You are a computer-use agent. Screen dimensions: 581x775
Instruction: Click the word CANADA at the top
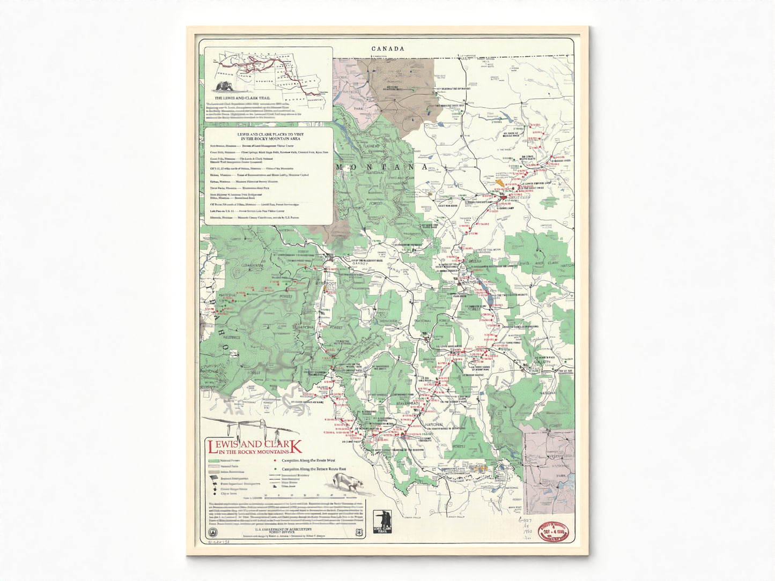pos(388,49)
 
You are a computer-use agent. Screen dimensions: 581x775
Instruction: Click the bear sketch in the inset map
pos(224,87)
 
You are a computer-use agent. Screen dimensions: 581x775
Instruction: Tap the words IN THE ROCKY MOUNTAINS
pos(247,452)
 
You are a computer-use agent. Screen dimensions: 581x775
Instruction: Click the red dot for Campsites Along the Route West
pos(275,460)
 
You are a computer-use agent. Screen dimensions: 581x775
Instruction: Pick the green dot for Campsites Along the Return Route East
pos(275,468)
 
